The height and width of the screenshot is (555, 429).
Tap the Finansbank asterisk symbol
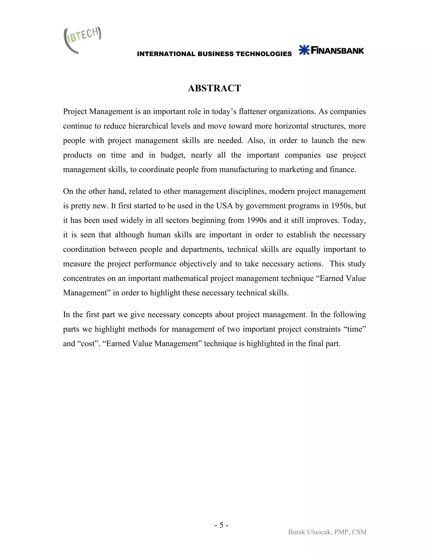304,50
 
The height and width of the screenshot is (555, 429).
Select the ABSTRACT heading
214,88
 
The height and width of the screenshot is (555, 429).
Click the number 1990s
257,220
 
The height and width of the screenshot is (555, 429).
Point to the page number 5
221,525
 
